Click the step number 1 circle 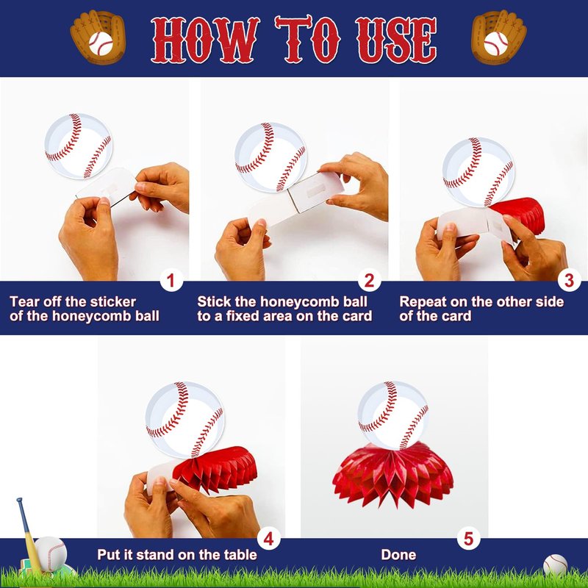171,281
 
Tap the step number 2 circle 370,281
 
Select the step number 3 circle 569,281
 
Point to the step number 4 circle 268,539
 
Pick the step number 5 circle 469,539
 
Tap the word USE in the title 396,40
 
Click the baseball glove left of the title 98,37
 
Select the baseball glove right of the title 498,37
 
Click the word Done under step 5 398,555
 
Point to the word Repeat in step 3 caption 422,302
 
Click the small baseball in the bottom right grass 555,564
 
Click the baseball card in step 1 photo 78,146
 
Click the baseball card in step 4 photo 184,420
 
